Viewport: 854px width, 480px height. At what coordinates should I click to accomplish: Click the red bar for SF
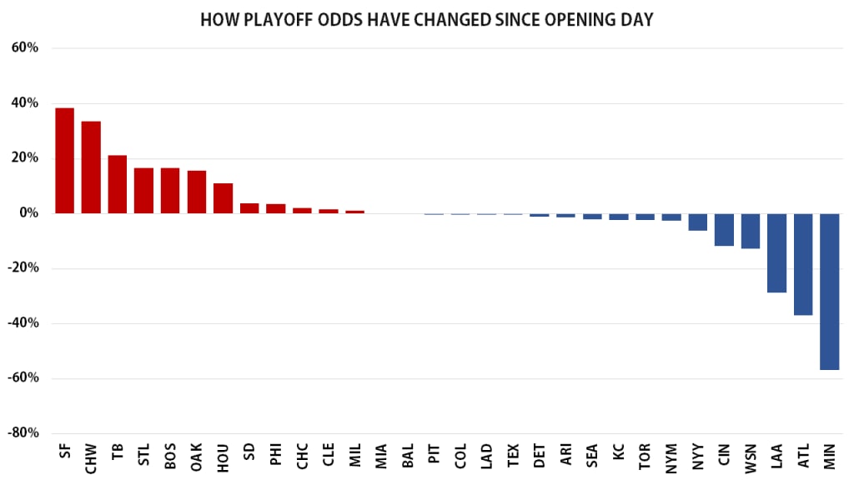(64, 161)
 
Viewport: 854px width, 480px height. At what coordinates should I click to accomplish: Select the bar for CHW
(91, 167)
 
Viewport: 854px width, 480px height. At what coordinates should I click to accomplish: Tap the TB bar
(118, 184)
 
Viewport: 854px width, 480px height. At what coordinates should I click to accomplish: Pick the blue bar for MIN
(829, 292)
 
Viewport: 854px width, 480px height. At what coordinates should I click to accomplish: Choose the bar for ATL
(803, 264)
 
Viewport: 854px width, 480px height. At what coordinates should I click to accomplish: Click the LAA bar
(776, 253)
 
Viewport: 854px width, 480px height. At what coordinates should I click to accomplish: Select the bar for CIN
(724, 230)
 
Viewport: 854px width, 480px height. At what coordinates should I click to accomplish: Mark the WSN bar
(751, 231)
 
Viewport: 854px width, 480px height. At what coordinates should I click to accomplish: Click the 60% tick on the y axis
(25, 47)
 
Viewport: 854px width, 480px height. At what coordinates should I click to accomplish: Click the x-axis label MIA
(381, 457)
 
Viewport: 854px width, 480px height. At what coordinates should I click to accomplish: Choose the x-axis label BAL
(408, 457)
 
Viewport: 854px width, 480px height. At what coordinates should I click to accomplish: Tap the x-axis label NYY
(697, 457)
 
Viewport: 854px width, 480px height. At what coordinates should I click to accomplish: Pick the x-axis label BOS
(170, 457)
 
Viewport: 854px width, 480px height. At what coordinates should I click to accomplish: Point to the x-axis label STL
(143, 457)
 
